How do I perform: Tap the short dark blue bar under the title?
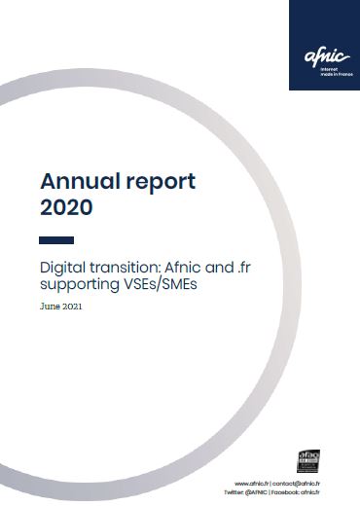click(56, 239)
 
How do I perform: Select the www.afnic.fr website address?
click(253, 484)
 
